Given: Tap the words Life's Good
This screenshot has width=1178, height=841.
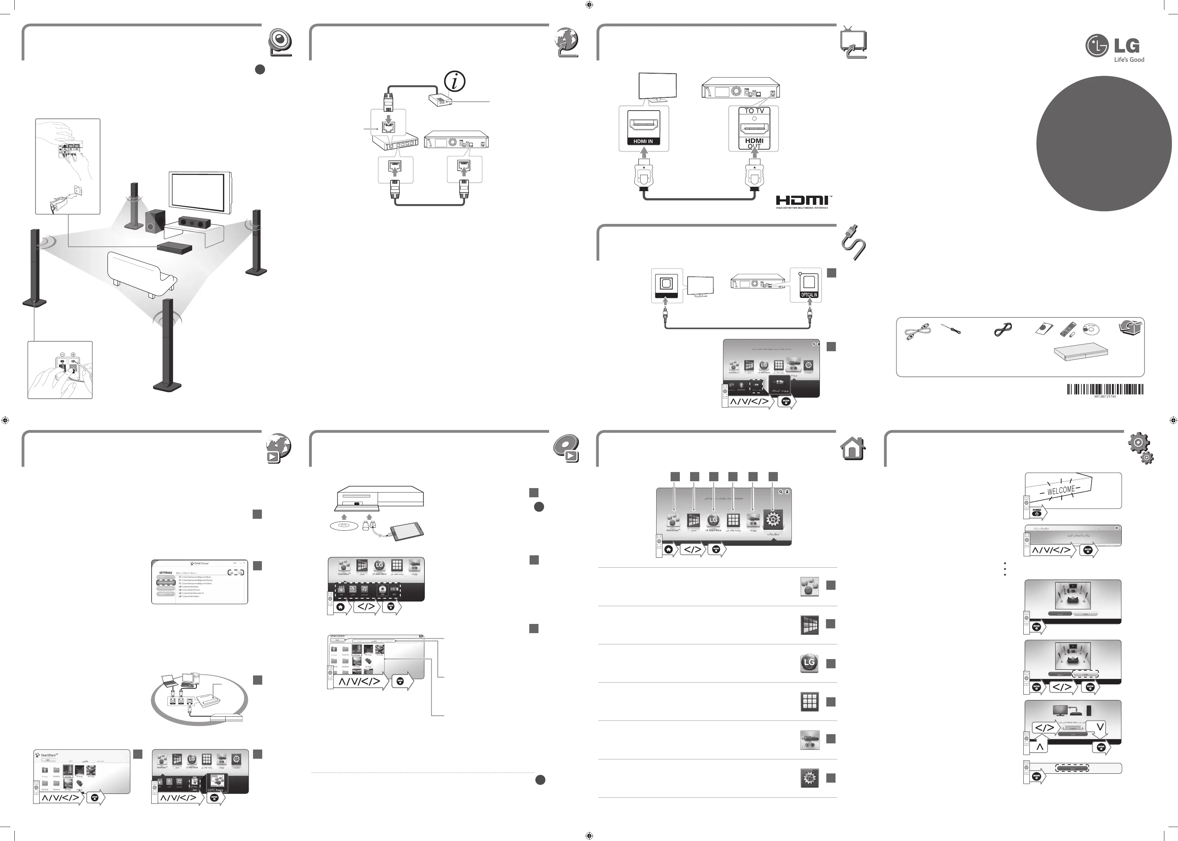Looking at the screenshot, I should coord(1129,59).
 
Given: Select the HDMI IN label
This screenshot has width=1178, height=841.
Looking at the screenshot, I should coord(643,141).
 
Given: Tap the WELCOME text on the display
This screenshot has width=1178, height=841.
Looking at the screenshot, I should coord(1061,490).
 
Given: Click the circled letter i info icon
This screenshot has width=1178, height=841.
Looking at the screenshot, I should coord(454,81).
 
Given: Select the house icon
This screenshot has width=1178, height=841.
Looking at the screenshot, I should coord(852,448).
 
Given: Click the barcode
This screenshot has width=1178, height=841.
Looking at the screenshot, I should coord(1105,389).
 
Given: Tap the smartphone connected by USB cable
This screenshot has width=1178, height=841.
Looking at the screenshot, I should coord(407,532).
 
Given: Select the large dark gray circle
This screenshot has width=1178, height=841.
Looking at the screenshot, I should coord(1104,143).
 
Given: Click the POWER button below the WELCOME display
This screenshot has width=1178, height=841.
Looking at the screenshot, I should coord(1037,512).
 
